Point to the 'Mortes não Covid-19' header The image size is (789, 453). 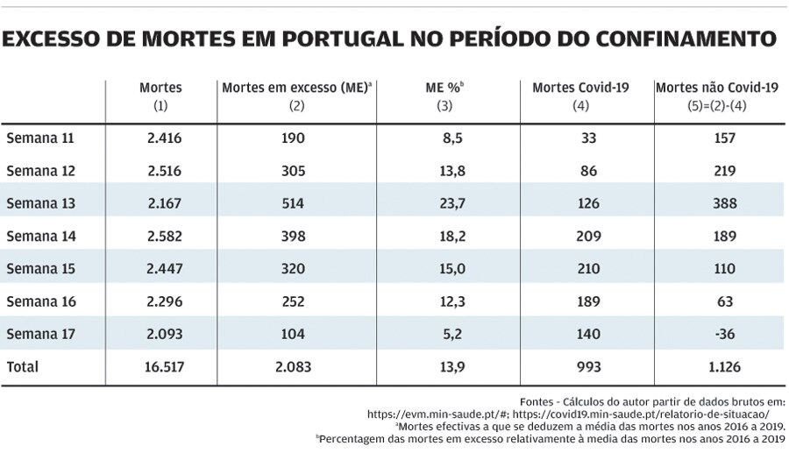pos(717,88)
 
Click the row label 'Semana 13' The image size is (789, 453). pos(41,203)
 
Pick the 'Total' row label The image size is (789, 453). pos(23,367)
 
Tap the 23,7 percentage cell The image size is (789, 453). pos(451,203)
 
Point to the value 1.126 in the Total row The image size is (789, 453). pos(725,367)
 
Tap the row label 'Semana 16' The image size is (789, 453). pos(41,301)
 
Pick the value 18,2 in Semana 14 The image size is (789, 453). pos(451,236)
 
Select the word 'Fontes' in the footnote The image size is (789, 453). pos(537,400)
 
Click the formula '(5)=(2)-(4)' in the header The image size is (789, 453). pos(717,105)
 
